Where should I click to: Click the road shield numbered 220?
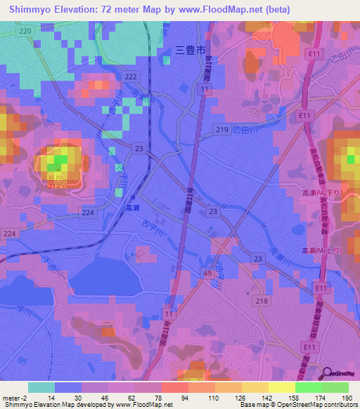pos(26,32)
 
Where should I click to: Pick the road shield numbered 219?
pos(221,130)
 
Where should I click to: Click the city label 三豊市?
pos(190,51)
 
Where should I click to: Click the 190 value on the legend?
pos(346,396)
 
